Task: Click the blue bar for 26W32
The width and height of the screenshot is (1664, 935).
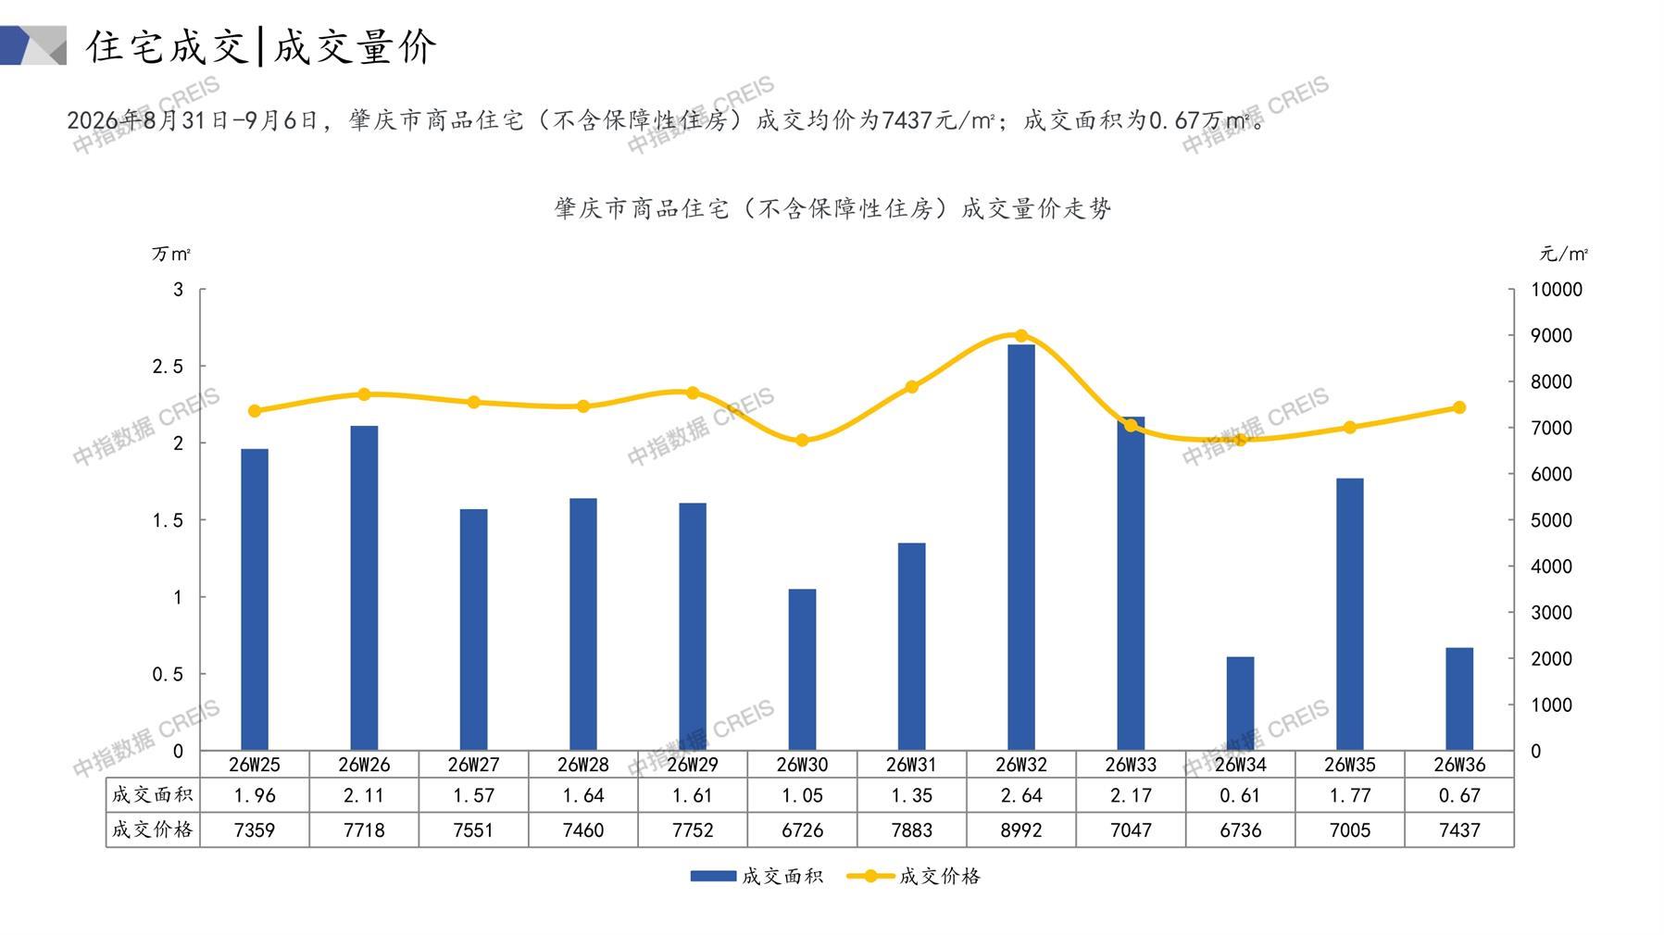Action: coord(1020,547)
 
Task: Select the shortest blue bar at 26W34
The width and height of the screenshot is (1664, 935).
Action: coord(1240,704)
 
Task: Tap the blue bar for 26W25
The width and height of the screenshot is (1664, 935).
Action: coord(255,600)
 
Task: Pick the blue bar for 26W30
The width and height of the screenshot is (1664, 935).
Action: coord(802,669)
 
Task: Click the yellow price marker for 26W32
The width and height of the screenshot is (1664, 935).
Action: coord(1021,336)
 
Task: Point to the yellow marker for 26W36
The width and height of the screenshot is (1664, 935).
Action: coord(1459,407)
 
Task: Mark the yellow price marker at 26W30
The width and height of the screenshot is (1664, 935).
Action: coord(802,441)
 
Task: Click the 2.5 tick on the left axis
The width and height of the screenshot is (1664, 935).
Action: coord(168,367)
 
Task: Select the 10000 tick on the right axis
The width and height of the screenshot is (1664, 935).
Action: coord(1557,290)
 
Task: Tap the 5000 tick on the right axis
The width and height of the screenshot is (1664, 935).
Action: coord(1551,520)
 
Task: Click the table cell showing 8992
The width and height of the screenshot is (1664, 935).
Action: coord(1021,830)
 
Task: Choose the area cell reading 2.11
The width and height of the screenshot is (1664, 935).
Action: coord(364,795)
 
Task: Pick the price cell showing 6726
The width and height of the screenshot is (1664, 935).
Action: coord(802,830)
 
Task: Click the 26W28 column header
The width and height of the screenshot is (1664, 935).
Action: coord(583,765)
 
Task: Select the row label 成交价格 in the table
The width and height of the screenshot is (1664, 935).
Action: coord(153,829)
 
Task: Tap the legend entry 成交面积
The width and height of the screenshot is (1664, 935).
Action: coord(757,876)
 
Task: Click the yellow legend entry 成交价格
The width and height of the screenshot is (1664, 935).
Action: coord(914,876)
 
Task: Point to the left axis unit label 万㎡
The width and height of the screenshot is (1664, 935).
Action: coord(171,254)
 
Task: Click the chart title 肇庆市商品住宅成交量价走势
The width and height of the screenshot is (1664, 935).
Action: coord(832,208)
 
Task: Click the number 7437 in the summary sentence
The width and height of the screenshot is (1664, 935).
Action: coord(902,120)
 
